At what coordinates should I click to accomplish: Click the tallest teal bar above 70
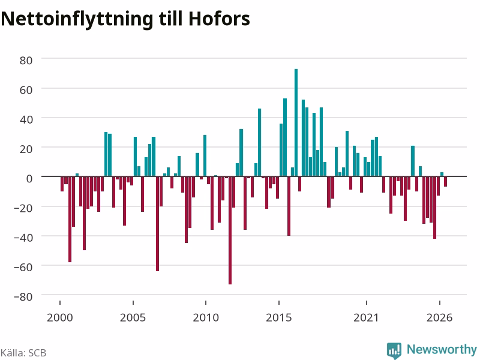tap(296, 122)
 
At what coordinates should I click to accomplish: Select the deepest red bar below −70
tap(230, 230)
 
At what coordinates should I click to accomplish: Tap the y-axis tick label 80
tap(26, 61)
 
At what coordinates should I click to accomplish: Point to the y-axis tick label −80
tap(23, 296)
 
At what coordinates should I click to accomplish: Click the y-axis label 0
tap(29, 178)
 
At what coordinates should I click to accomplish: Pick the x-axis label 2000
tap(59, 317)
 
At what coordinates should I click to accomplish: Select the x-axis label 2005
tap(133, 317)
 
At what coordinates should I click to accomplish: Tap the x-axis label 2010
tap(206, 317)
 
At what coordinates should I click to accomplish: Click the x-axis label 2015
tap(279, 317)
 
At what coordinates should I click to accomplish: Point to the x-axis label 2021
tap(367, 317)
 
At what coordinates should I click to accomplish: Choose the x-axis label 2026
tap(440, 317)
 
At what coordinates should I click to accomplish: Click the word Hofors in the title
tap(219, 19)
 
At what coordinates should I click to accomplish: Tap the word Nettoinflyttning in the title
tap(77, 20)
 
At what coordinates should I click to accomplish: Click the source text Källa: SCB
tap(23, 353)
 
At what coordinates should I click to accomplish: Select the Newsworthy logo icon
tap(394, 350)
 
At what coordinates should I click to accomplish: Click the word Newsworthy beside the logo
tap(442, 350)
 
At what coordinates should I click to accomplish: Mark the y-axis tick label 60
tap(26, 90)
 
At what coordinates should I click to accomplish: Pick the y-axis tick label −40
tap(23, 238)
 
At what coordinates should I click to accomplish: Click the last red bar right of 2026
tap(445, 181)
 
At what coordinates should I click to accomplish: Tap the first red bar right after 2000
tap(62, 184)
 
